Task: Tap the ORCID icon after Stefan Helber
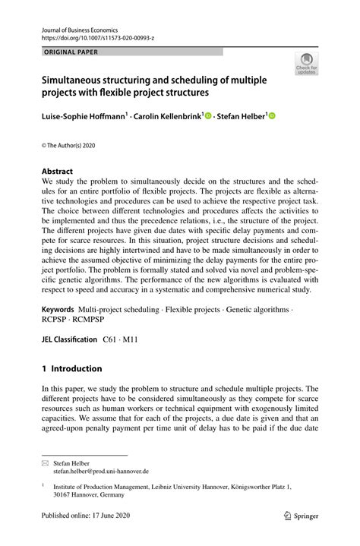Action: tap(273, 115)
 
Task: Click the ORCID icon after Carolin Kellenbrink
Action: tap(207, 115)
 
